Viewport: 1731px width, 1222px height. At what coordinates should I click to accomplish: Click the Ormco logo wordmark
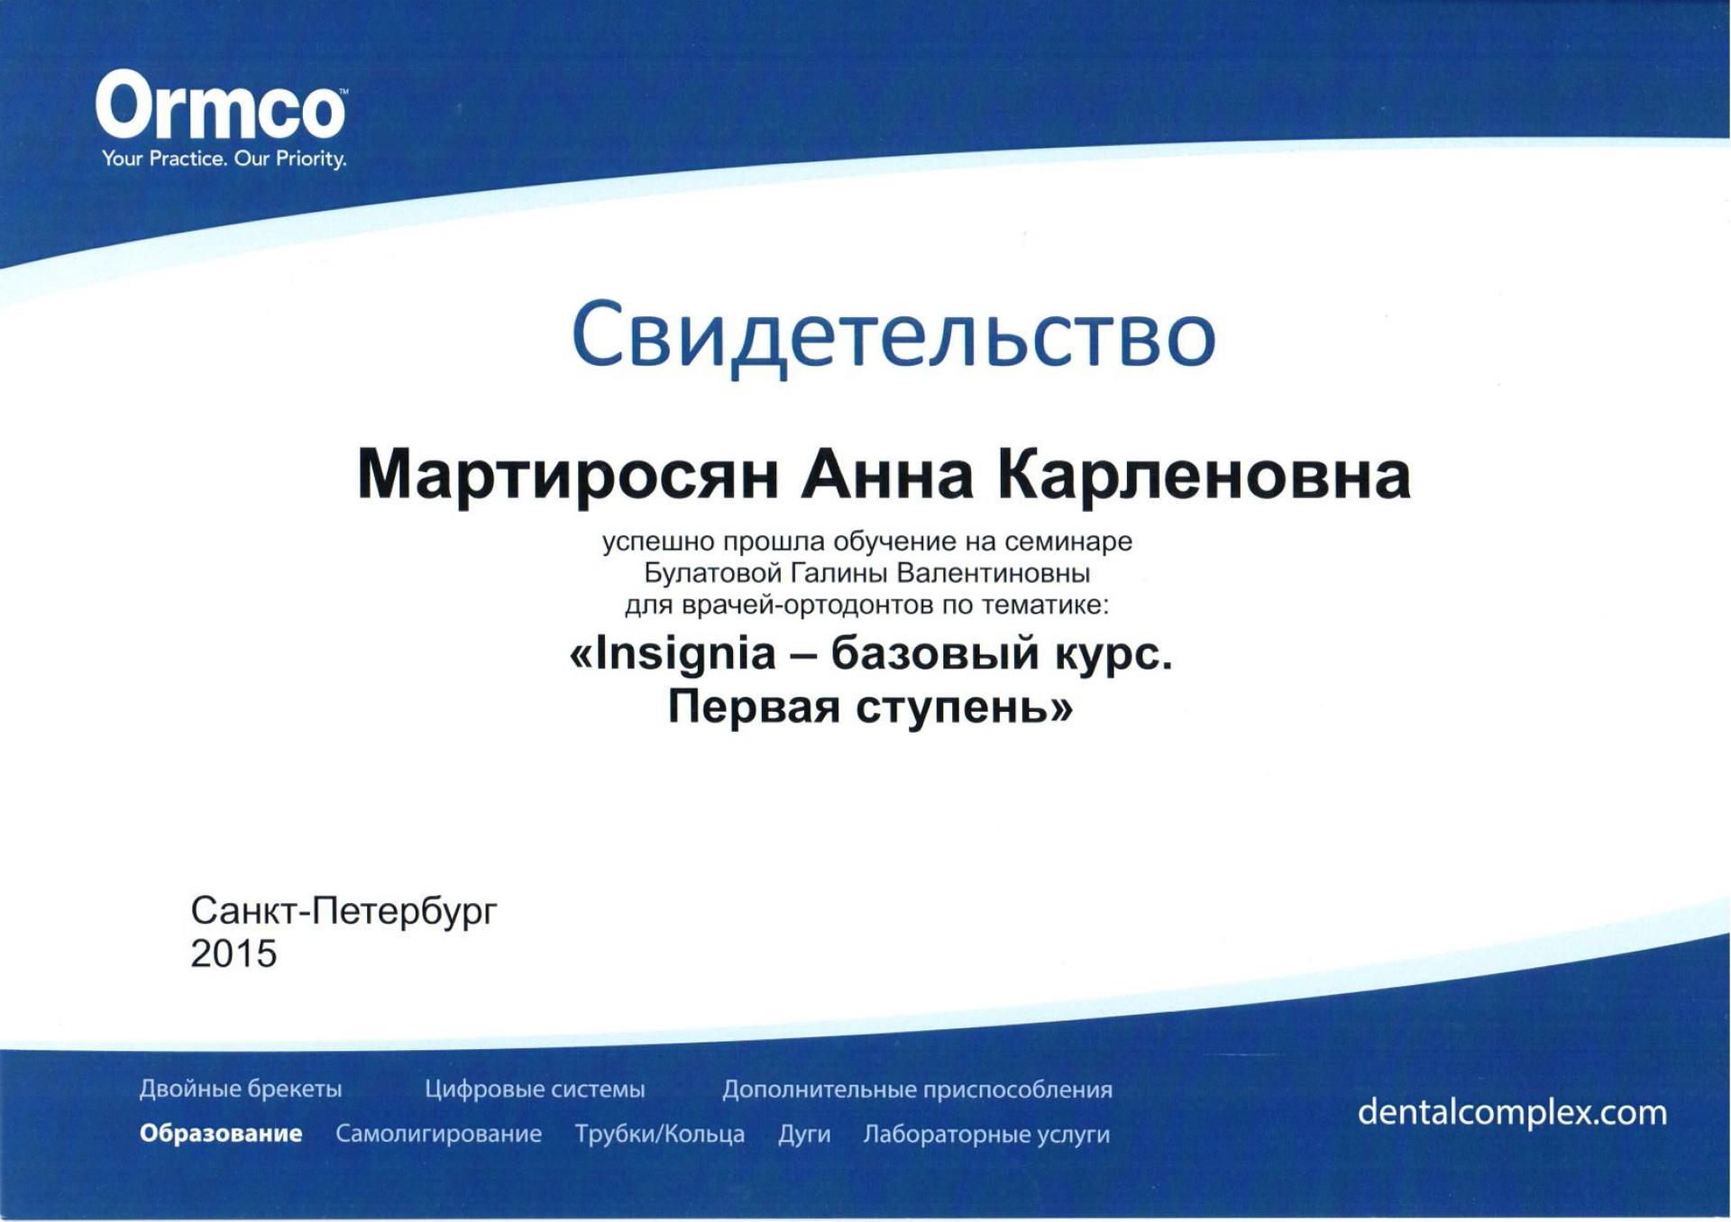pos(220,105)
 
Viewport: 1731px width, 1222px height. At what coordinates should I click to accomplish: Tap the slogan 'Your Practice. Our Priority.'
pos(224,160)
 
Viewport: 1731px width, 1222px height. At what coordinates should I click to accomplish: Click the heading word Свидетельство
pos(893,335)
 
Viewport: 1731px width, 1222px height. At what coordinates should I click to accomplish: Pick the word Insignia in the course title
pos(685,653)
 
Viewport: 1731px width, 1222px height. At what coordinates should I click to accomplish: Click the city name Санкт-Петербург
pos(343,912)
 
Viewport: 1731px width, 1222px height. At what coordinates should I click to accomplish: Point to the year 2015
pos(234,953)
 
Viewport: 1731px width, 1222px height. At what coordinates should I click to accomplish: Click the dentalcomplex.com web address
pos(1512,1113)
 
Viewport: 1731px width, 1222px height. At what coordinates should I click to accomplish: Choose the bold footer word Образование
pos(221,1133)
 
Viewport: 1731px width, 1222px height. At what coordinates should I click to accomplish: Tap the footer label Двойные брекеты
pos(241,1090)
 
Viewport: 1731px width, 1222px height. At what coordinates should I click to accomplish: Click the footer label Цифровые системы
pos(535,1090)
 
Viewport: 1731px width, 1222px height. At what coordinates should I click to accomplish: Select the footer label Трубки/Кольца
pos(660,1134)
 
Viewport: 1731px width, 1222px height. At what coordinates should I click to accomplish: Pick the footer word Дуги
pos(804,1135)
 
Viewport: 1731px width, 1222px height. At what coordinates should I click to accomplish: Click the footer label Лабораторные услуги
pos(986,1135)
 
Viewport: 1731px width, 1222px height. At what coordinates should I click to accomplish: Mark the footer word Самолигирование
pos(438,1134)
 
